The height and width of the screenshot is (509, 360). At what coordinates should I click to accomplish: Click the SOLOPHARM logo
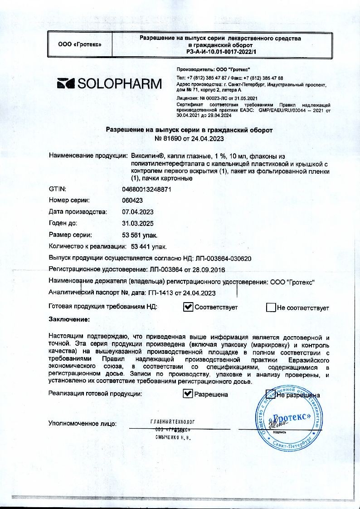(109, 83)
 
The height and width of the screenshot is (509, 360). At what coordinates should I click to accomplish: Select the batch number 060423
(132, 200)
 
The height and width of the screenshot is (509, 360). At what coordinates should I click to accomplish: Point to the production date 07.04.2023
(138, 211)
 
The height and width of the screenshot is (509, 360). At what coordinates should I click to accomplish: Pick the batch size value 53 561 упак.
(140, 235)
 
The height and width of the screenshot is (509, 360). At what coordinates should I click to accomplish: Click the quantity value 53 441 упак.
(149, 247)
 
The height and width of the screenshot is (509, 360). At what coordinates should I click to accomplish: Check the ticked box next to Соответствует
(188, 308)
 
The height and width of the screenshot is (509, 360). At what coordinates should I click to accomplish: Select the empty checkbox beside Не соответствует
(271, 308)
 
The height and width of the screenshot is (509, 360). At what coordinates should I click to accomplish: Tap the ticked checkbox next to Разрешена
(188, 394)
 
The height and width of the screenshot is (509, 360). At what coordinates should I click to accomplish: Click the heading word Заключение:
(69, 319)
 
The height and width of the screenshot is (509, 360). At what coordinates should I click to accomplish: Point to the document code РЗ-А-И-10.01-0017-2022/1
(220, 52)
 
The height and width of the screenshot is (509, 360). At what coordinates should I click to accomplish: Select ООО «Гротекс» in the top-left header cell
(80, 44)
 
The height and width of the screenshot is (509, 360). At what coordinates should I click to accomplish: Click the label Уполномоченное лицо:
(83, 424)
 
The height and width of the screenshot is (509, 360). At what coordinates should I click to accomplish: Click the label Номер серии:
(69, 200)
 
